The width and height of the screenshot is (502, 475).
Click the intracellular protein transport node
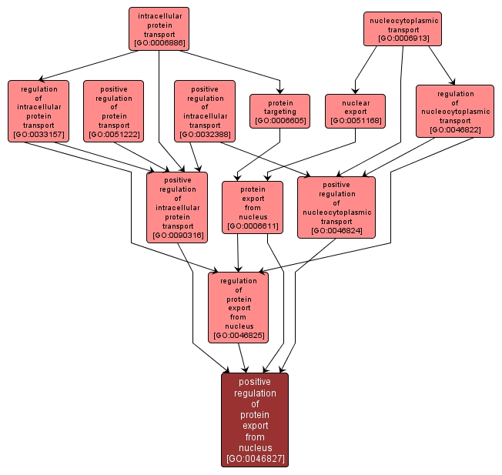(x=159, y=29)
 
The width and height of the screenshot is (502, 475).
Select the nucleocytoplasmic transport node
(x=403, y=28)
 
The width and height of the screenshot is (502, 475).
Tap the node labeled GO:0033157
(x=39, y=112)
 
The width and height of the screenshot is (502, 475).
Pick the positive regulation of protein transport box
(x=113, y=112)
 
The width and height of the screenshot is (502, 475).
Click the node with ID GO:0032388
(x=204, y=112)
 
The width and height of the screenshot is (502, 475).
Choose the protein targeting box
(x=279, y=111)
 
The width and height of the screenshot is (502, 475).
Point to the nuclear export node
(x=355, y=111)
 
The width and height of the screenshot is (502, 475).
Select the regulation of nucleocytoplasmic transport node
(x=454, y=111)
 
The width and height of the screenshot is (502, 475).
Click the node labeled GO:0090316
(x=177, y=207)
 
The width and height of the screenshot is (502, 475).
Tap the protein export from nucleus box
(x=253, y=207)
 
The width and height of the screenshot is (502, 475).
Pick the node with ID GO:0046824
(x=336, y=207)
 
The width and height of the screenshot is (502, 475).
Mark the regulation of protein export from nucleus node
(x=238, y=307)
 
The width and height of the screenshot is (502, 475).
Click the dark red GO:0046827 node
(x=255, y=420)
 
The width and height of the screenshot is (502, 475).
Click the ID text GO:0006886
(x=159, y=43)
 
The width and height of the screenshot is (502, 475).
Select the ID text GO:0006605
(x=279, y=121)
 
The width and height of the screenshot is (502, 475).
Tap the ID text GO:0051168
(x=355, y=121)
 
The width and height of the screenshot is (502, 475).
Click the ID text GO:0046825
(x=238, y=335)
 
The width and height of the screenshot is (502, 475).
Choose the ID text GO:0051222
(x=113, y=135)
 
